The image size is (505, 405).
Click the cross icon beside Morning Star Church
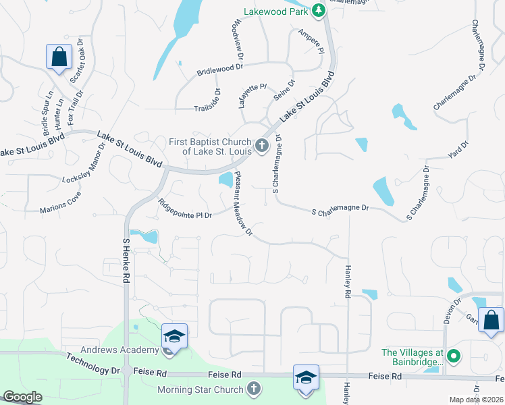pos(253,389)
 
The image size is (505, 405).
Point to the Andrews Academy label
pos(119,350)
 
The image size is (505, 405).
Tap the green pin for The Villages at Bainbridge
pos(454,354)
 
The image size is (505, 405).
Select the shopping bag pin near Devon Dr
pos(491,321)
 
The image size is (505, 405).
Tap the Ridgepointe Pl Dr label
pos(186,208)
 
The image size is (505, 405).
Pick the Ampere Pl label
pos(311,41)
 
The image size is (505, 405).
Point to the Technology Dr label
pos(92,364)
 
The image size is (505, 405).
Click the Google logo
pos(23,398)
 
